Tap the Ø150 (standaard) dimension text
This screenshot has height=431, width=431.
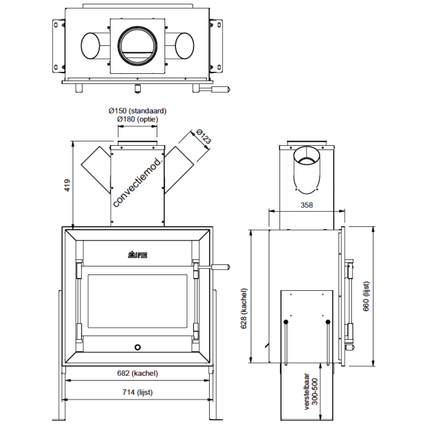coord(137,111)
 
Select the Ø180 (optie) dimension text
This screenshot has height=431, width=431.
coord(137,119)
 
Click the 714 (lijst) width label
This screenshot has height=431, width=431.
coord(136,392)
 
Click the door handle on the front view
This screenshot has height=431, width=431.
coord(215,268)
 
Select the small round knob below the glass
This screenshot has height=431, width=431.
coord(136,347)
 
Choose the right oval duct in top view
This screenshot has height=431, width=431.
coord(183,45)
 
